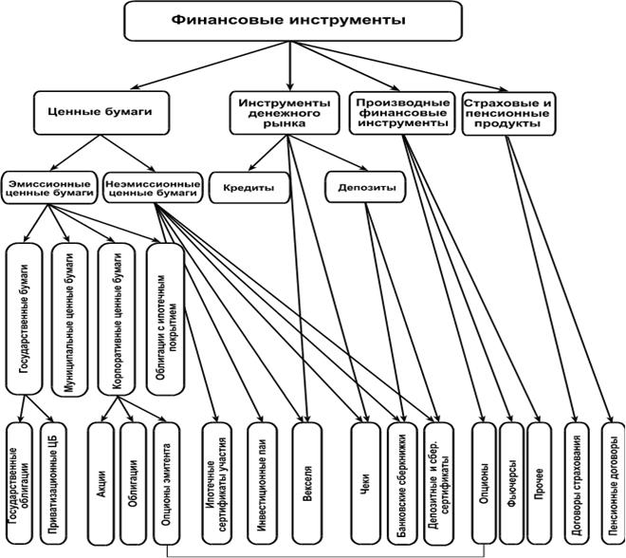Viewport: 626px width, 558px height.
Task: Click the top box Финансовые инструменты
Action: point(293,21)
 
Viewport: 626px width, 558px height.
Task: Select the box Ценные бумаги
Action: point(101,113)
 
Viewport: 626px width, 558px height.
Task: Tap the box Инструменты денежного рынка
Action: point(285,113)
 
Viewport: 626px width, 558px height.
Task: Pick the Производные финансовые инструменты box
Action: point(402,113)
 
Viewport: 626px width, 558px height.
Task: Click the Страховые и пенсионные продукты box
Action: point(508,114)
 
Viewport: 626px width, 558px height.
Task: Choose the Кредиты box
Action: point(249,187)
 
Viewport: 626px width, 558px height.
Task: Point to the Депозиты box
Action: point(365,187)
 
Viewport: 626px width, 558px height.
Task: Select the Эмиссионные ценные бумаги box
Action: point(49,188)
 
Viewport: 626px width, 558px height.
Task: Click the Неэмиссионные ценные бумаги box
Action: point(153,188)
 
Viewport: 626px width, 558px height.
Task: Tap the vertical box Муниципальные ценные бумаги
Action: point(69,320)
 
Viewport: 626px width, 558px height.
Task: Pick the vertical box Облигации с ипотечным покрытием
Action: point(165,319)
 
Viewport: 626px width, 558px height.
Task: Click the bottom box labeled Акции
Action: point(101,484)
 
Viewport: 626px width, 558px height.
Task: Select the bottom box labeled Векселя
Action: point(306,483)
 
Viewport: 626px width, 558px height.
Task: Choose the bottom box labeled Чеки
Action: point(365,483)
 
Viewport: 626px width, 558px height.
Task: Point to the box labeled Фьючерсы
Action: point(511,483)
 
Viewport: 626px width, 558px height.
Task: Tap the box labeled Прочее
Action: point(539,483)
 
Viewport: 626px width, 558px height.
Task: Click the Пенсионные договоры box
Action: point(614,483)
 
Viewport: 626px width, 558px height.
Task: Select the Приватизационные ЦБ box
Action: point(53,484)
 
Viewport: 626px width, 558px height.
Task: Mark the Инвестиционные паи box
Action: point(262,483)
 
